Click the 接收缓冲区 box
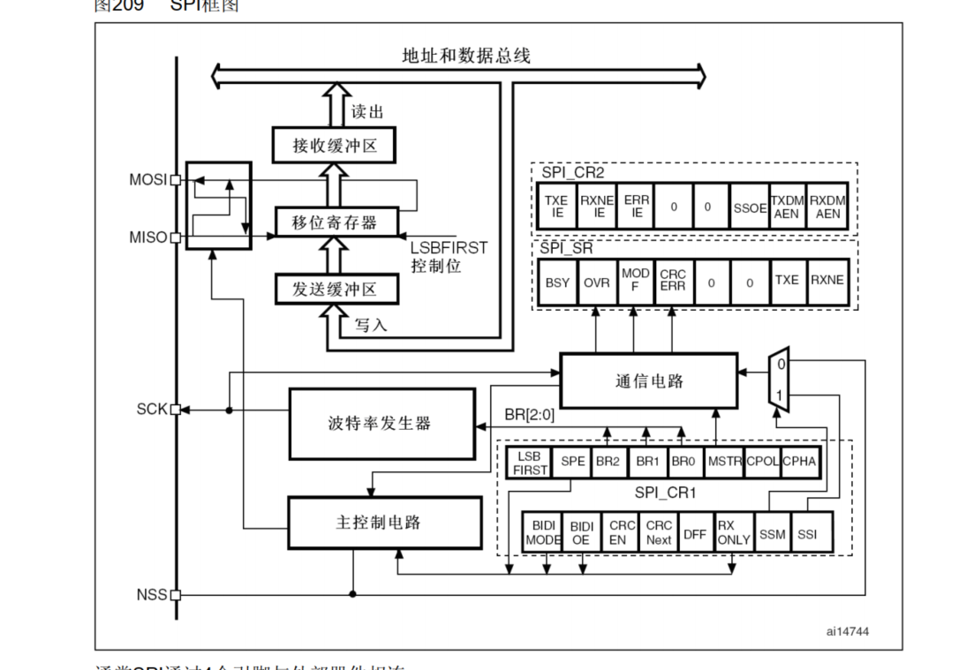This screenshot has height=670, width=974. [335, 145]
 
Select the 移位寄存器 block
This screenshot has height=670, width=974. [335, 222]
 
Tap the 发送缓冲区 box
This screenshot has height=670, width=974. [335, 289]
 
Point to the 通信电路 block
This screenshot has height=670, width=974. [648, 381]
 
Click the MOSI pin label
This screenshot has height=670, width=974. [147, 180]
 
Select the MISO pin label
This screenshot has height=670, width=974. [147, 237]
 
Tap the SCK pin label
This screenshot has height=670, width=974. [151, 410]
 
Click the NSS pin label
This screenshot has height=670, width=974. [151, 594]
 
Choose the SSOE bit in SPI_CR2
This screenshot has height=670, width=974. [750, 207]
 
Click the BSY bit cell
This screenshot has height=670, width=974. [558, 282]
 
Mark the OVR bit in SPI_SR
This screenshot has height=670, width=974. [597, 282]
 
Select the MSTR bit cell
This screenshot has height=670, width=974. [725, 462]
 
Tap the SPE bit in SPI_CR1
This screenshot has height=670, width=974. [572, 462]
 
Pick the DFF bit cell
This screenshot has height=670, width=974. [695, 533]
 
